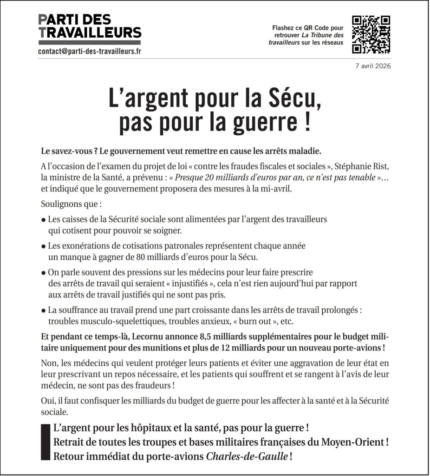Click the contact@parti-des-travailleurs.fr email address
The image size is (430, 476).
pyautogui.click(x=90, y=52)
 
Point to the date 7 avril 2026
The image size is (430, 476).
pyautogui.click(x=373, y=66)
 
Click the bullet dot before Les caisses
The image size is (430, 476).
pyautogui.click(x=43, y=219)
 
